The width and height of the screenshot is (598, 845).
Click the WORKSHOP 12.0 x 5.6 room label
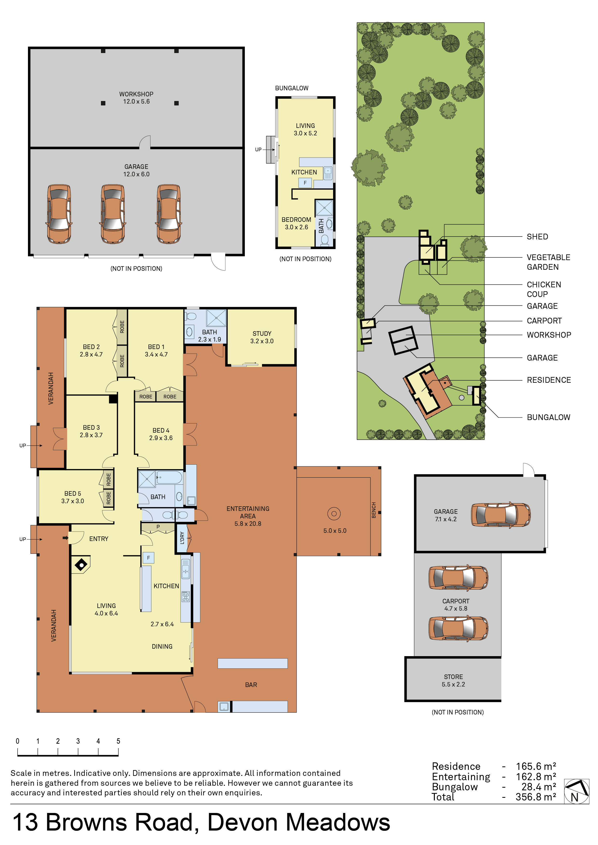click(x=136, y=98)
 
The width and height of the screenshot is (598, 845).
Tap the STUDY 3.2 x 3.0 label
click(x=262, y=337)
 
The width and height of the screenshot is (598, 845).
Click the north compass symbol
click(x=576, y=791)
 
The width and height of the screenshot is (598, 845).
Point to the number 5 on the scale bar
click(x=118, y=741)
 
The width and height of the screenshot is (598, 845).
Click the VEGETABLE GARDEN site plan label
click(x=548, y=262)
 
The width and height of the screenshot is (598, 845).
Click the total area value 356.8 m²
click(x=536, y=797)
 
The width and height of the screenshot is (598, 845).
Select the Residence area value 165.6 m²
click(x=536, y=766)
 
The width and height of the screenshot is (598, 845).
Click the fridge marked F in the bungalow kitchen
click(x=305, y=183)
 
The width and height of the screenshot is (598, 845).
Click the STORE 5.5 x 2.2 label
click(x=453, y=680)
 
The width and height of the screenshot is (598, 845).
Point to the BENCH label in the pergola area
click(x=374, y=510)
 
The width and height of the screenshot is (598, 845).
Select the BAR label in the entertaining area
click(x=251, y=685)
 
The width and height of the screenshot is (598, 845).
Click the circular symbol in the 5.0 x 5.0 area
click(x=334, y=513)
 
